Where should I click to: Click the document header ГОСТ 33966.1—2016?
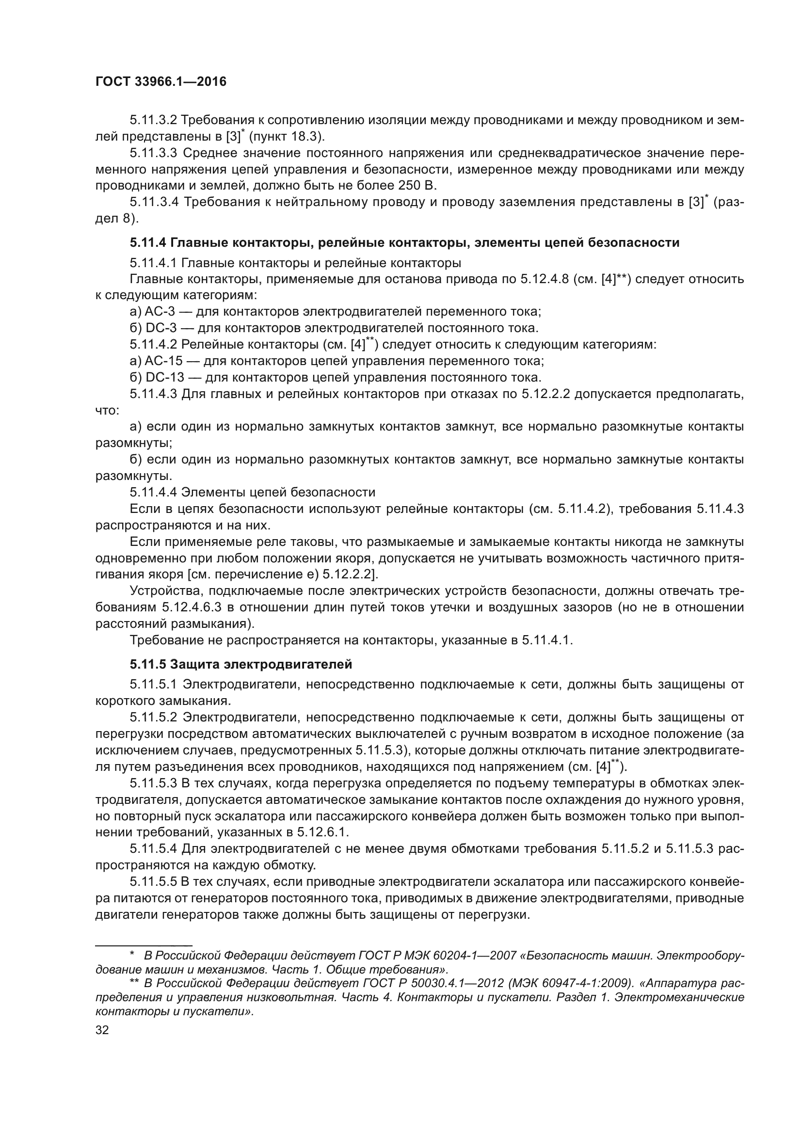point(160,82)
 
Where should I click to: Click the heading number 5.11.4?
point(148,242)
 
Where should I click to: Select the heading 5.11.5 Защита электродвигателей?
point(241,664)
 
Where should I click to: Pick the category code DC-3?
point(161,328)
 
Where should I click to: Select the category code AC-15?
point(163,361)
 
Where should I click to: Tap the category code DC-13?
point(164,377)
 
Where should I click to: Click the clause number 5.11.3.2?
point(153,120)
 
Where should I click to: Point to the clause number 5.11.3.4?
point(154,202)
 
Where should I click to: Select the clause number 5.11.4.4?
point(153,493)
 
